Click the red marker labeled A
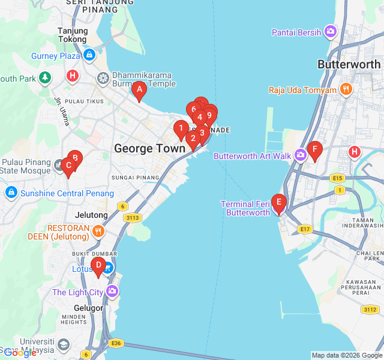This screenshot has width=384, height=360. tap(139, 91)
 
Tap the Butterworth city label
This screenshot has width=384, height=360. tap(349, 64)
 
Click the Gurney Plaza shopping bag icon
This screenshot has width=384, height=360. tap(89, 56)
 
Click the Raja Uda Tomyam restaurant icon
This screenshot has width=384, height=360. tap(346, 90)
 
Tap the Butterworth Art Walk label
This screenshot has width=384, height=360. tap(252, 156)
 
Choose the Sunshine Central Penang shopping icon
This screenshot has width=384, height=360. tap(11, 193)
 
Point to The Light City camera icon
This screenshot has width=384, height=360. tap(112, 292)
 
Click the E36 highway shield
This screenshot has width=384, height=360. tap(116, 343)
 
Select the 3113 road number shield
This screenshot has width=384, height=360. tap(133, 218)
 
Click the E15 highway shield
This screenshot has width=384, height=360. tap(337, 178)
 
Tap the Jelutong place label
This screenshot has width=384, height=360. tap(92, 215)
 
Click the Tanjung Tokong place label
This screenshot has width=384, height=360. tap(73, 35)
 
